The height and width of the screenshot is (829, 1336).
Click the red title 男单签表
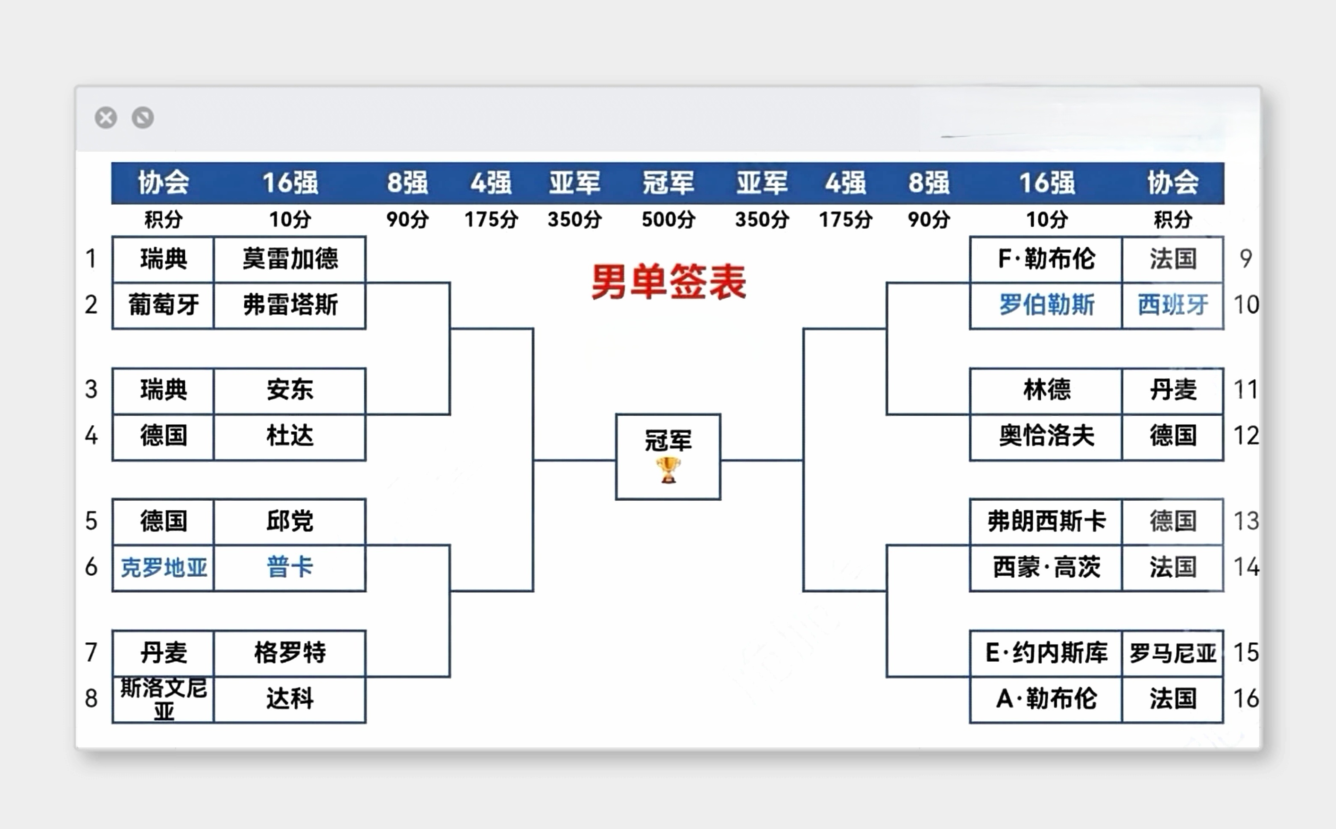coord(668,282)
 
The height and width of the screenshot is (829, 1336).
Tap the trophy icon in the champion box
coord(668,470)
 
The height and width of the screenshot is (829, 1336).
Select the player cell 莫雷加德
coord(290,259)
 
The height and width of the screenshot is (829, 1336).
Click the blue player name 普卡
coord(290,567)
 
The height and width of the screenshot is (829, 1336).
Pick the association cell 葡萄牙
coord(163,305)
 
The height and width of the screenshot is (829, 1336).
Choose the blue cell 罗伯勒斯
coord(1046,305)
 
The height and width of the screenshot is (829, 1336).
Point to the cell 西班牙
coord(1173,305)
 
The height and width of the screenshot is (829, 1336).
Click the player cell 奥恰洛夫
coord(1046,436)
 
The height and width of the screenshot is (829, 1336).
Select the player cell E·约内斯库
coord(1046,653)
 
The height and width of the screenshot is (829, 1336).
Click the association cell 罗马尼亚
coord(1173,653)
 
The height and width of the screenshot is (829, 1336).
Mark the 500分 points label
coord(668,220)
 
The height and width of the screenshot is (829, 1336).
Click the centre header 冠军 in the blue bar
coord(668,182)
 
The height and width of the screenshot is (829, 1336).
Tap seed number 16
coord(1245,698)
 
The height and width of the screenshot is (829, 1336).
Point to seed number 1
coord(91,258)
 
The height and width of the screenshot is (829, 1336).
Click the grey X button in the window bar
coord(106,118)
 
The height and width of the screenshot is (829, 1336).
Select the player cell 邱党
coord(290,521)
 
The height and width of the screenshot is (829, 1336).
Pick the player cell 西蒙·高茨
coord(1046,567)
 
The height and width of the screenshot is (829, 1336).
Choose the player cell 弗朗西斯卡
coord(1046,521)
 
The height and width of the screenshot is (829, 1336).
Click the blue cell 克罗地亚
coord(163,567)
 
